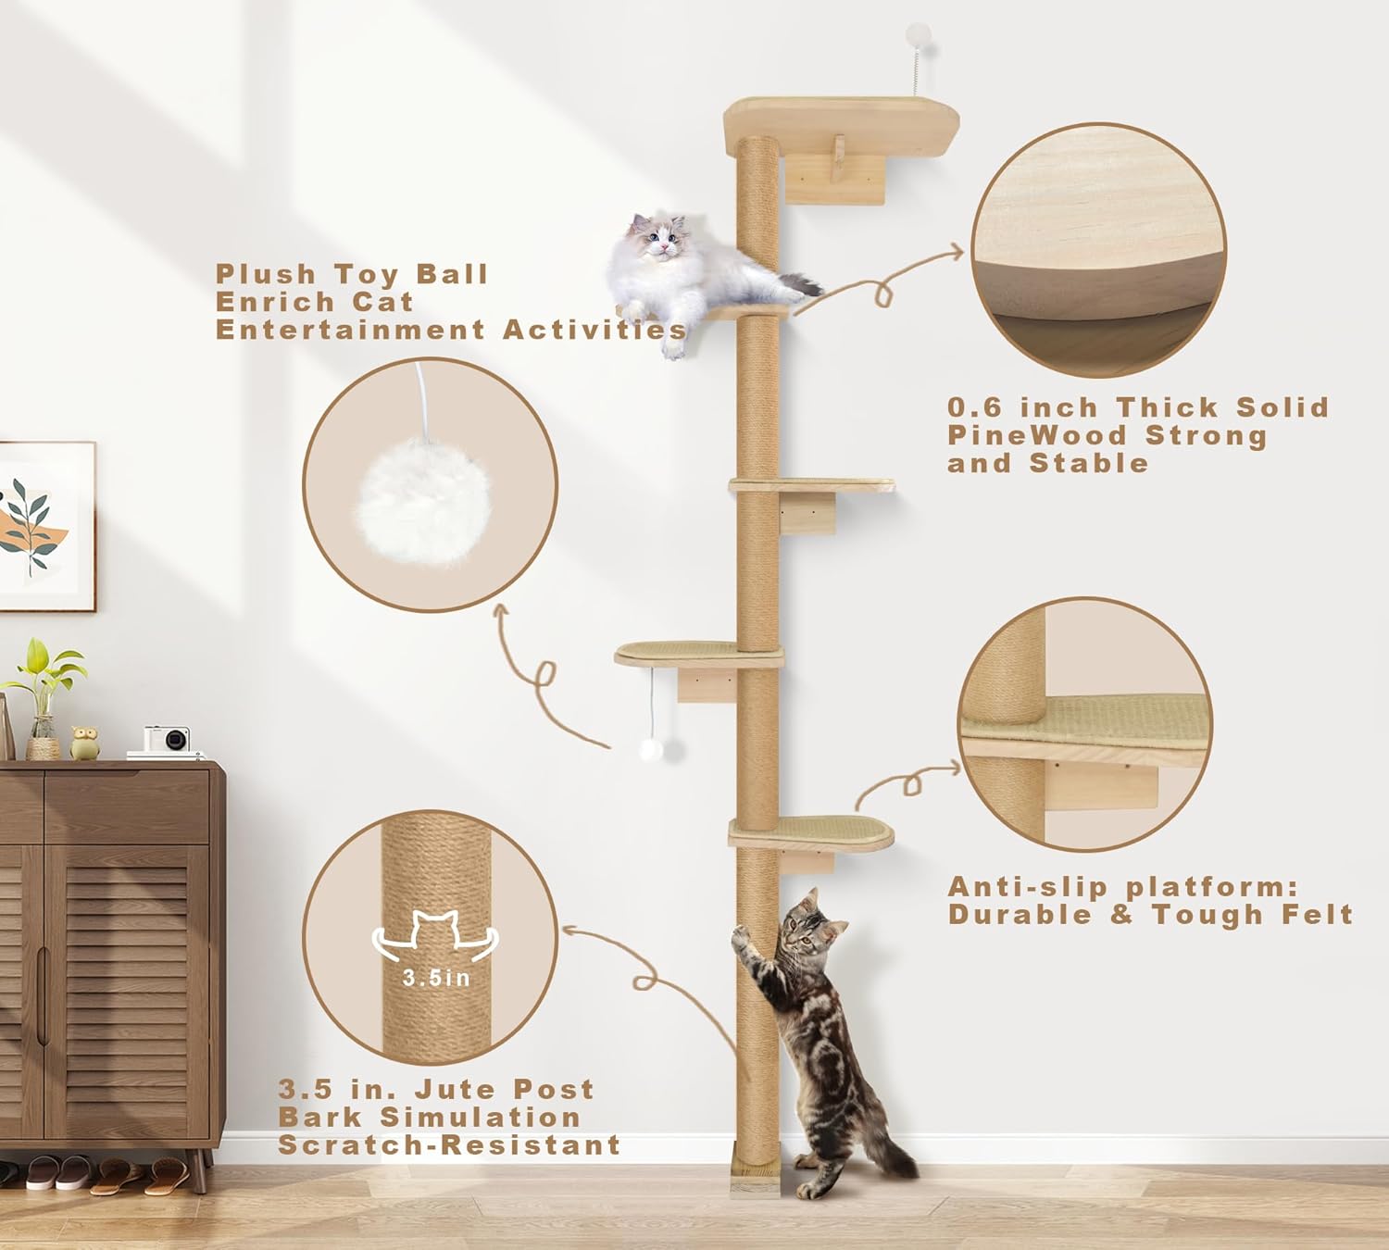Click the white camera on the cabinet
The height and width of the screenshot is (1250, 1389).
point(167,741)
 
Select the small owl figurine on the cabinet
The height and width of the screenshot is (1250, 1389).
point(84,744)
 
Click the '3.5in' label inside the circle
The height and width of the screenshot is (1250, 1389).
point(435,978)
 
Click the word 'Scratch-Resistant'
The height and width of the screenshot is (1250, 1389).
point(449,1145)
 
